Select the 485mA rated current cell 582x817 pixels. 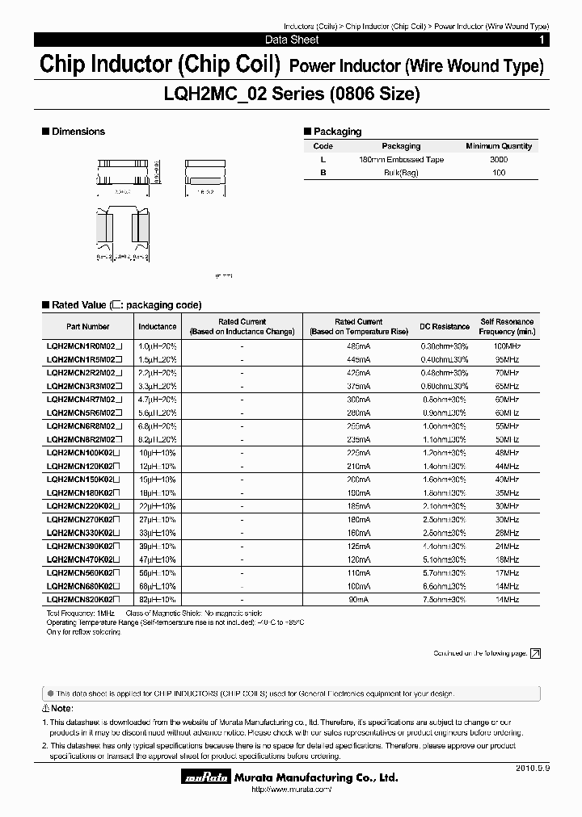(358, 346)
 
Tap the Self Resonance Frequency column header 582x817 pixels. (507, 327)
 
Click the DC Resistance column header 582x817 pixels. (444, 327)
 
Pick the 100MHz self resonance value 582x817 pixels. (507, 346)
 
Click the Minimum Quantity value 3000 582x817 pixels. (499, 160)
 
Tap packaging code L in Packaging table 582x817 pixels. (323, 160)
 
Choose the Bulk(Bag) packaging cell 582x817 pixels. (401, 174)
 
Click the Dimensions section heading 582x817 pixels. (78, 132)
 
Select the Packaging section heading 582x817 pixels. (337, 132)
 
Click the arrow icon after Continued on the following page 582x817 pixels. (535, 654)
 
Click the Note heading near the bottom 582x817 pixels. (57, 709)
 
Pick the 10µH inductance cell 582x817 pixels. (157, 453)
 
